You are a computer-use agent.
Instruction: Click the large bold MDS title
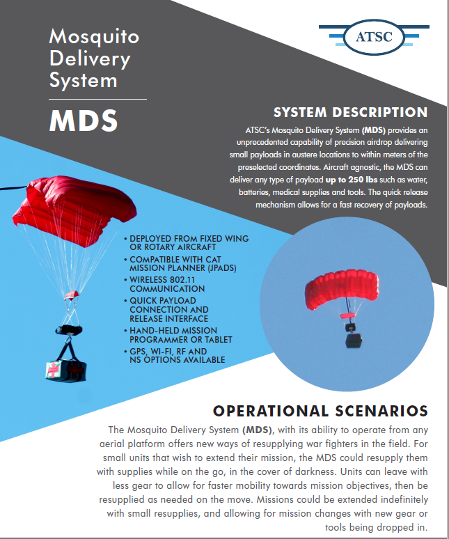click(x=84, y=120)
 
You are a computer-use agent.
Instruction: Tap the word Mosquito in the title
click(x=94, y=36)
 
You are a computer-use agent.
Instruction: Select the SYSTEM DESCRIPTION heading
click(x=350, y=112)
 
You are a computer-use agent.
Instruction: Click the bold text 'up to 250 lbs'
click(x=352, y=180)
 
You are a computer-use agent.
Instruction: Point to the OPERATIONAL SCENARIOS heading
click(x=320, y=411)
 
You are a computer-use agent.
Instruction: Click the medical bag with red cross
click(x=66, y=370)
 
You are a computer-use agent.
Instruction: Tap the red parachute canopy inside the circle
click(x=342, y=288)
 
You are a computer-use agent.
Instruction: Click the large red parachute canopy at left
click(x=74, y=210)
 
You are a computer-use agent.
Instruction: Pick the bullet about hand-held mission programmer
click(x=178, y=335)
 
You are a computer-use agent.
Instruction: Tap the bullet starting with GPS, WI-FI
click(x=175, y=355)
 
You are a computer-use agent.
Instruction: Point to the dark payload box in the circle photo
click(x=354, y=341)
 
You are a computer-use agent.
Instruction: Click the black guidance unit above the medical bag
click(x=69, y=330)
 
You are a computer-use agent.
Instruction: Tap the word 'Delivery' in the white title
click(x=90, y=59)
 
